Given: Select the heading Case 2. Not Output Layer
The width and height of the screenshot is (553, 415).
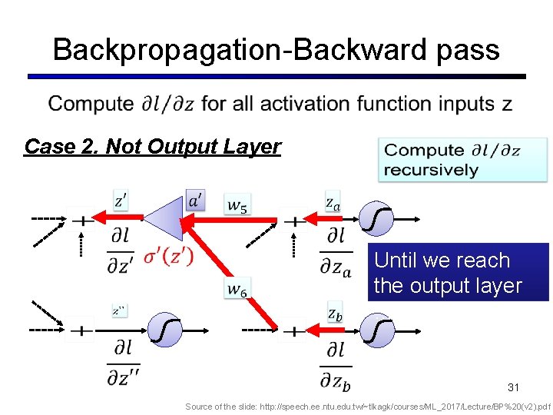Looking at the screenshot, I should click(152, 146).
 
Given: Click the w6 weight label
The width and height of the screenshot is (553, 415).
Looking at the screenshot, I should click(238, 289).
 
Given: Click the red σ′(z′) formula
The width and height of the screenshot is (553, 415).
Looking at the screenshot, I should click(168, 256).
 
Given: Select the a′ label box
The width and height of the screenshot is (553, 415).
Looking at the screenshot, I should click(196, 201).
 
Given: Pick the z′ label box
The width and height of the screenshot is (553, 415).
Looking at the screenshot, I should click(121, 201).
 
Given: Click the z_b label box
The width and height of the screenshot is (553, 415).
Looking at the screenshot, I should click(335, 312).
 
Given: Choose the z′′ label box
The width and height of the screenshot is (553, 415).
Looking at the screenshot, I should click(119, 310).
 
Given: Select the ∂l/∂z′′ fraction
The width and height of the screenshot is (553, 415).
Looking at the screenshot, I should click(123, 363).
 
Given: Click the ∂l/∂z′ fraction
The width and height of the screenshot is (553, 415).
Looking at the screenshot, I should click(122, 251).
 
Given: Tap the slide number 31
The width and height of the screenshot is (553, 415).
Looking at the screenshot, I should click(513, 386).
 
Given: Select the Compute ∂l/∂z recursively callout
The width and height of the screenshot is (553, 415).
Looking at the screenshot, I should click(462, 160).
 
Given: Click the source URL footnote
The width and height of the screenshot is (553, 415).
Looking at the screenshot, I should click(368, 406).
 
